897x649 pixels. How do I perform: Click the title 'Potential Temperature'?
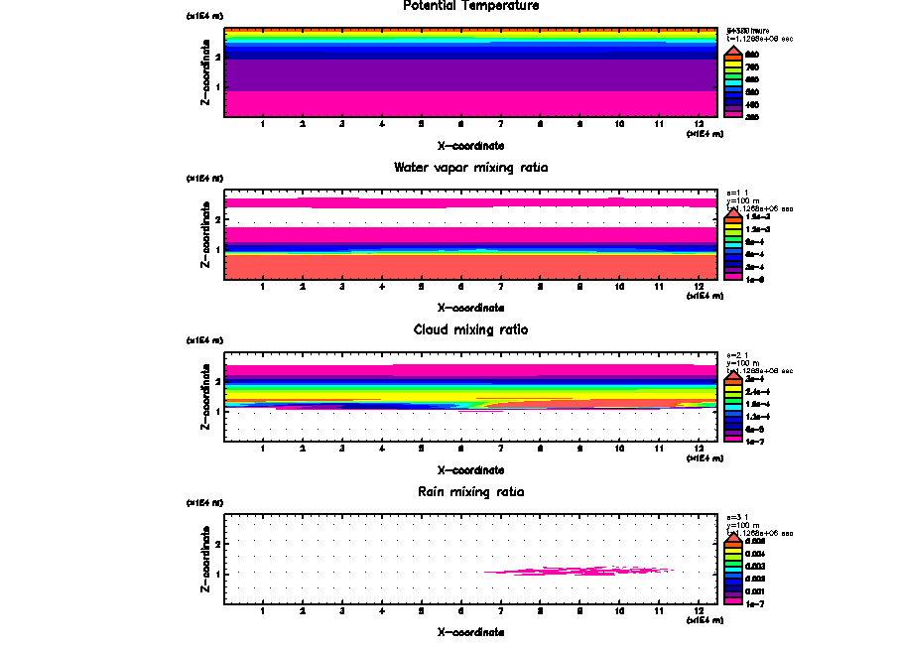pyautogui.click(x=471, y=6)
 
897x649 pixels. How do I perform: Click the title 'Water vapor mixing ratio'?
pyautogui.click(x=471, y=167)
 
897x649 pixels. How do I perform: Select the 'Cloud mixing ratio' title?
pyautogui.click(x=471, y=329)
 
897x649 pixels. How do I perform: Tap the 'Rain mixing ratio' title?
pyautogui.click(x=471, y=492)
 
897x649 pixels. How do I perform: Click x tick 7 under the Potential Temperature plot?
pyautogui.click(x=500, y=124)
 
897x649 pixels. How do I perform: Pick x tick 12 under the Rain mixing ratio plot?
pyautogui.click(x=700, y=611)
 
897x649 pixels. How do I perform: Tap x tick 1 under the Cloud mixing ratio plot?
pyautogui.click(x=263, y=449)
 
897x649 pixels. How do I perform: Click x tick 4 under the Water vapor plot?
pyautogui.click(x=382, y=287)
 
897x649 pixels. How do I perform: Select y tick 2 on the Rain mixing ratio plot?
pyautogui.click(x=216, y=544)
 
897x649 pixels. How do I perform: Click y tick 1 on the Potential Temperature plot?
pyautogui.click(x=216, y=87)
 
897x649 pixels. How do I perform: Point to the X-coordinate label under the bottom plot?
pyautogui.click(x=471, y=632)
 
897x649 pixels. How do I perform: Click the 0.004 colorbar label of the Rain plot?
pyautogui.click(x=756, y=553)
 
